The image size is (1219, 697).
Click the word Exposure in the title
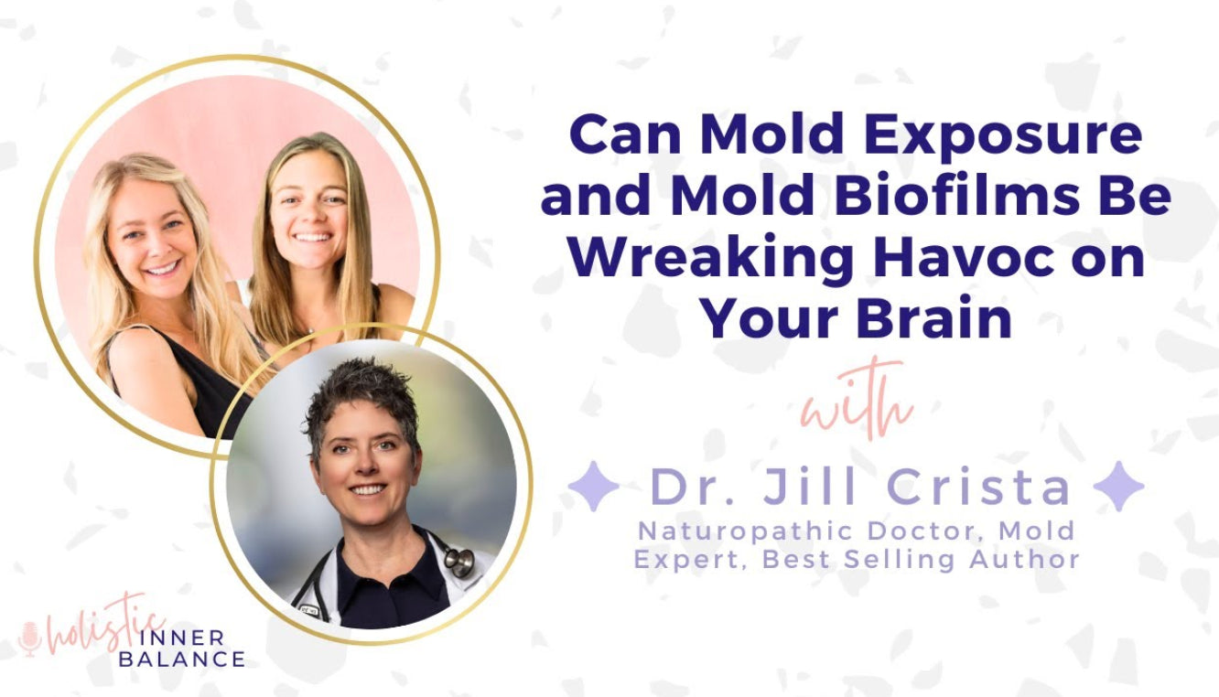(x=1003, y=134)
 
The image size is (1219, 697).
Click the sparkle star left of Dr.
(x=593, y=487)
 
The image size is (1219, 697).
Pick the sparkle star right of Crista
(x=1118, y=487)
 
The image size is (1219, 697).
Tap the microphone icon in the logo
(x=30, y=639)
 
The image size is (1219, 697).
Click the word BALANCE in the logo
(x=182, y=659)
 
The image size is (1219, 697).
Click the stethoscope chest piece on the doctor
(x=459, y=562)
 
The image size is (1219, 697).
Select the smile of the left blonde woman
(x=163, y=268)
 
